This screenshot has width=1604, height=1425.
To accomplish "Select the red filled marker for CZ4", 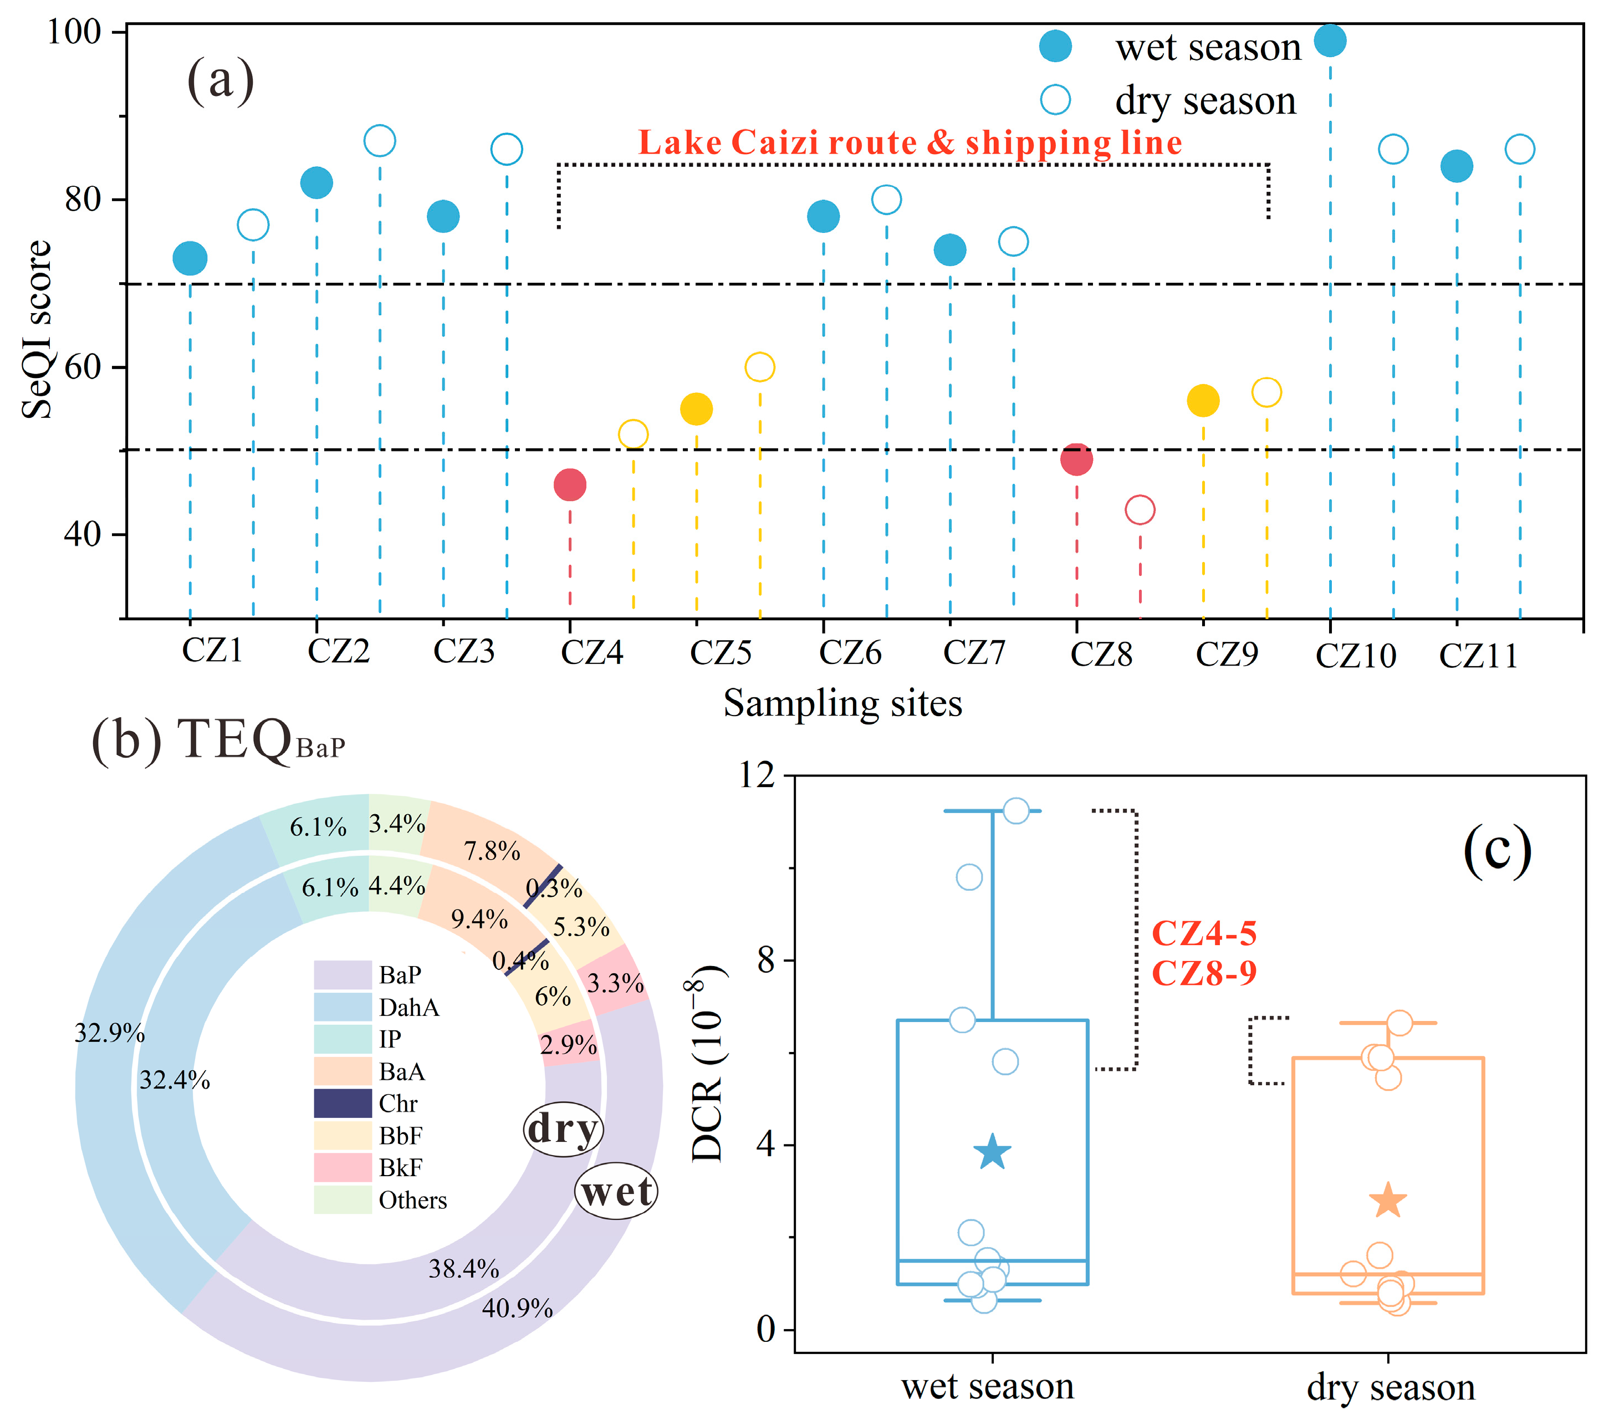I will pyautogui.click(x=570, y=485).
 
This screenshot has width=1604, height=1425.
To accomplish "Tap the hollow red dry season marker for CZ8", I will pyautogui.click(x=1140, y=510).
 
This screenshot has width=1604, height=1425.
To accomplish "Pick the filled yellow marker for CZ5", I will pyautogui.click(x=696, y=409).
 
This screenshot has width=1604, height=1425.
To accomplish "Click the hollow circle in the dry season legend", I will pyautogui.click(x=1055, y=100).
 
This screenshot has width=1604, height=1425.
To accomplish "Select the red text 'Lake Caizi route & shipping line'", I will pyautogui.click(x=910, y=143).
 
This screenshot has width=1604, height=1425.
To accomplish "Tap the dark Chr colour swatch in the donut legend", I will pyautogui.click(x=342, y=1104).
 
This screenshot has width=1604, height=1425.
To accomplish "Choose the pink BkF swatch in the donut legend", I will pyautogui.click(x=342, y=1168).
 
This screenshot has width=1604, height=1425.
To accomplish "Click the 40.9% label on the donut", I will pyautogui.click(x=517, y=1309).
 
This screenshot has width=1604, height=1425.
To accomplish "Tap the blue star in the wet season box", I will pyautogui.click(x=993, y=1152).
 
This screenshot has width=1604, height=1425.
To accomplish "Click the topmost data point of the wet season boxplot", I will pyautogui.click(x=1016, y=810).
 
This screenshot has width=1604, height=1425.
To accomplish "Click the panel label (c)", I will pyautogui.click(x=1496, y=851).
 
